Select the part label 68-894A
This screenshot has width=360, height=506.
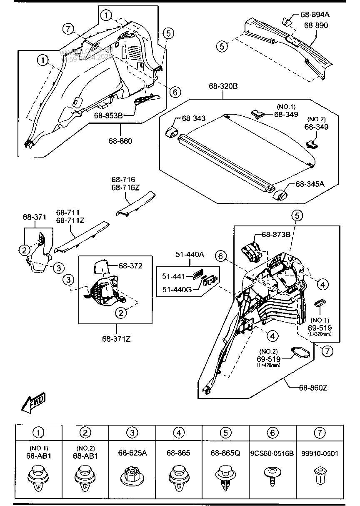(315, 15)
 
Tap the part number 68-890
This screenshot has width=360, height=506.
(316, 25)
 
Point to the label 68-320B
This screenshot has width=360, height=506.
(223, 87)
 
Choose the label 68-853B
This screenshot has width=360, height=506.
(108, 115)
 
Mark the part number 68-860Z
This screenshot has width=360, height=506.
(313, 388)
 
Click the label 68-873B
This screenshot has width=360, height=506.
(276, 235)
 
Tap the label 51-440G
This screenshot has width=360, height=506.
(177, 288)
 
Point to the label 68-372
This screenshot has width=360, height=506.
(130, 266)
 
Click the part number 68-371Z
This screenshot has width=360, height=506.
(117, 338)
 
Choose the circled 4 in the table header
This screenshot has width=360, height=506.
(179, 433)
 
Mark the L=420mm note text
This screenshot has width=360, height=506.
(269, 365)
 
